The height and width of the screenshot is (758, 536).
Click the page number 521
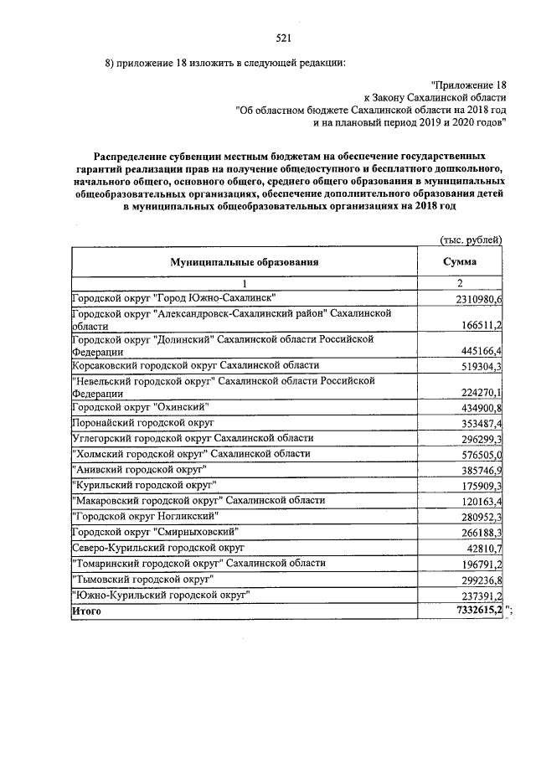coord(282,37)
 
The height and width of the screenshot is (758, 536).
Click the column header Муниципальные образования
coord(245,262)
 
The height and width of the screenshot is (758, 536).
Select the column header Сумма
coord(460,262)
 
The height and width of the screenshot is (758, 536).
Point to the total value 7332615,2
coord(474,611)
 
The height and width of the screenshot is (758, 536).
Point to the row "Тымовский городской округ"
coord(143,579)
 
